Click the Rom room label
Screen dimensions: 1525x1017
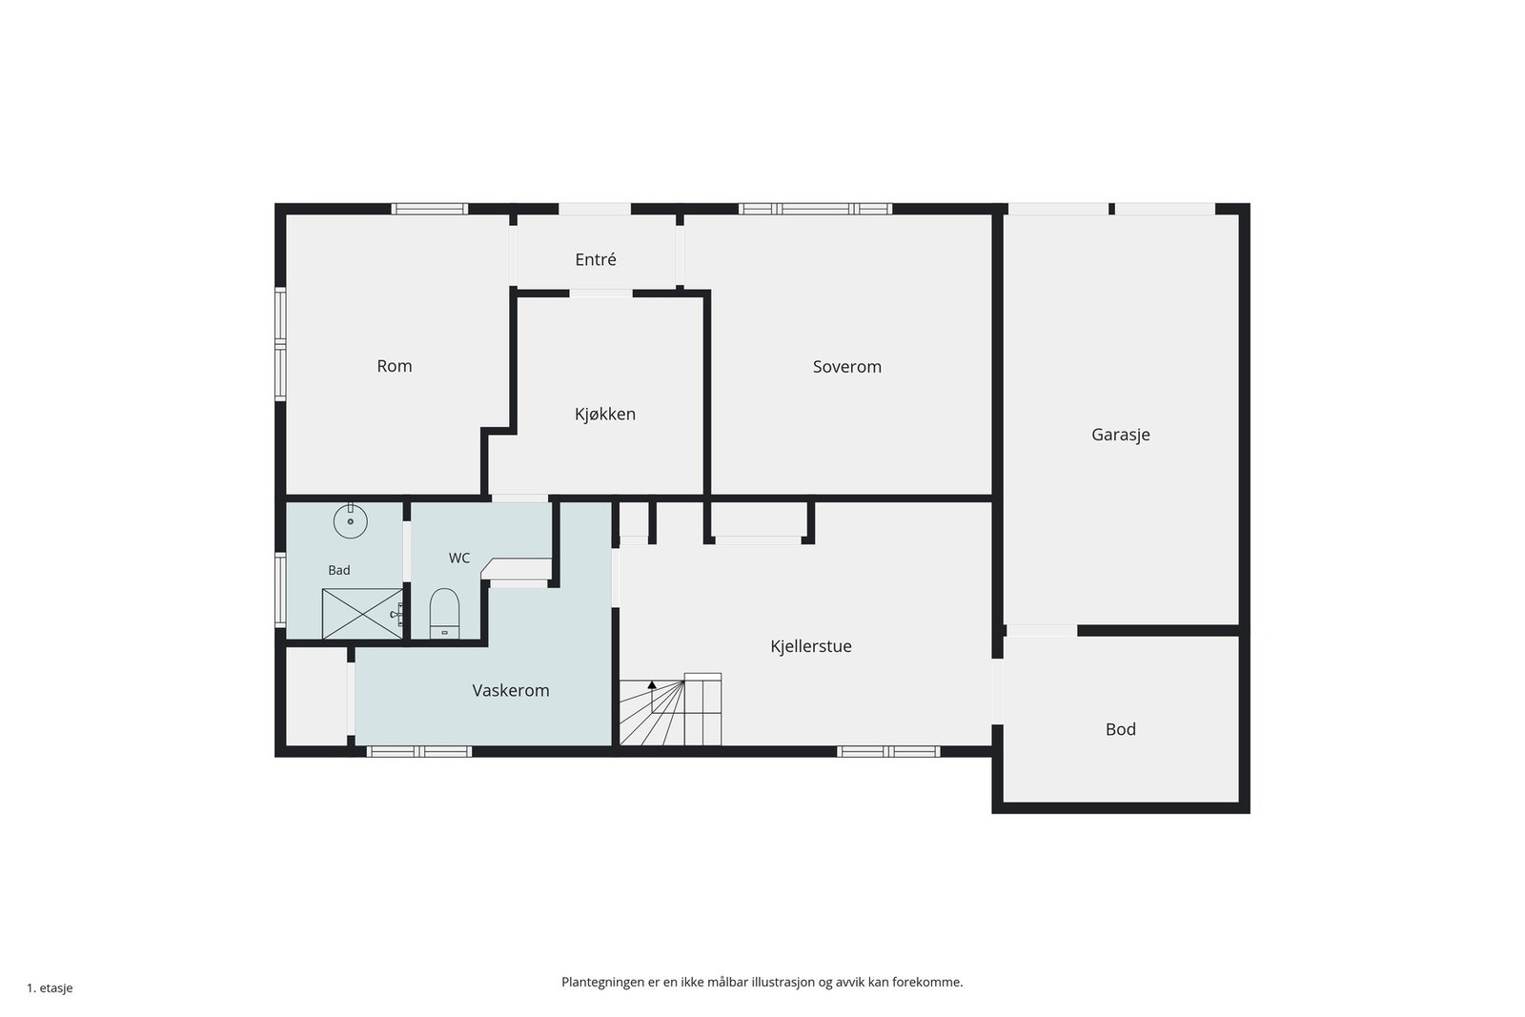[x=395, y=366]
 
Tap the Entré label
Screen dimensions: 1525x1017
[x=596, y=259]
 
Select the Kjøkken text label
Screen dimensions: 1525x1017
[x=605, y=414]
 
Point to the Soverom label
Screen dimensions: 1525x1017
[x=847, y=367]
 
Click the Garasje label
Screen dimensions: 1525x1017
[x=1121, y=435]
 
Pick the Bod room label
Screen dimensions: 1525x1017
[x=1121, y=730]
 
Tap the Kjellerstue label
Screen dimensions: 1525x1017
[x=811, y=646]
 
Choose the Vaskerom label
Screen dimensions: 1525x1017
[x=511, y=691]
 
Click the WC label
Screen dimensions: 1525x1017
[x=458, y=559]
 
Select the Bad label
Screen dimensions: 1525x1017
[x=339, y=570]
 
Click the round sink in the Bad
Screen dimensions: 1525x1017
[x=351, y=521]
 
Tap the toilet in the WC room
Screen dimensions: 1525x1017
[x=444, y=613]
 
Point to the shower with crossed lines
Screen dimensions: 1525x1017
[x=362, y=614]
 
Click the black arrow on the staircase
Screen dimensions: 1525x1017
[x=652, y=684]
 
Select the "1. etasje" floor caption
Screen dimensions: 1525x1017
[x=50, y=988]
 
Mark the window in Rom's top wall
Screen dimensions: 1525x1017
[x=430, y=209]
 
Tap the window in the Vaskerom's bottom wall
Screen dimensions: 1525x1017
[x=419, y=751]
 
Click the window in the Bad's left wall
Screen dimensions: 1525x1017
[x=280, y=590]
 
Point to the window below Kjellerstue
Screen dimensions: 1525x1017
[x=888, y=751]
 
